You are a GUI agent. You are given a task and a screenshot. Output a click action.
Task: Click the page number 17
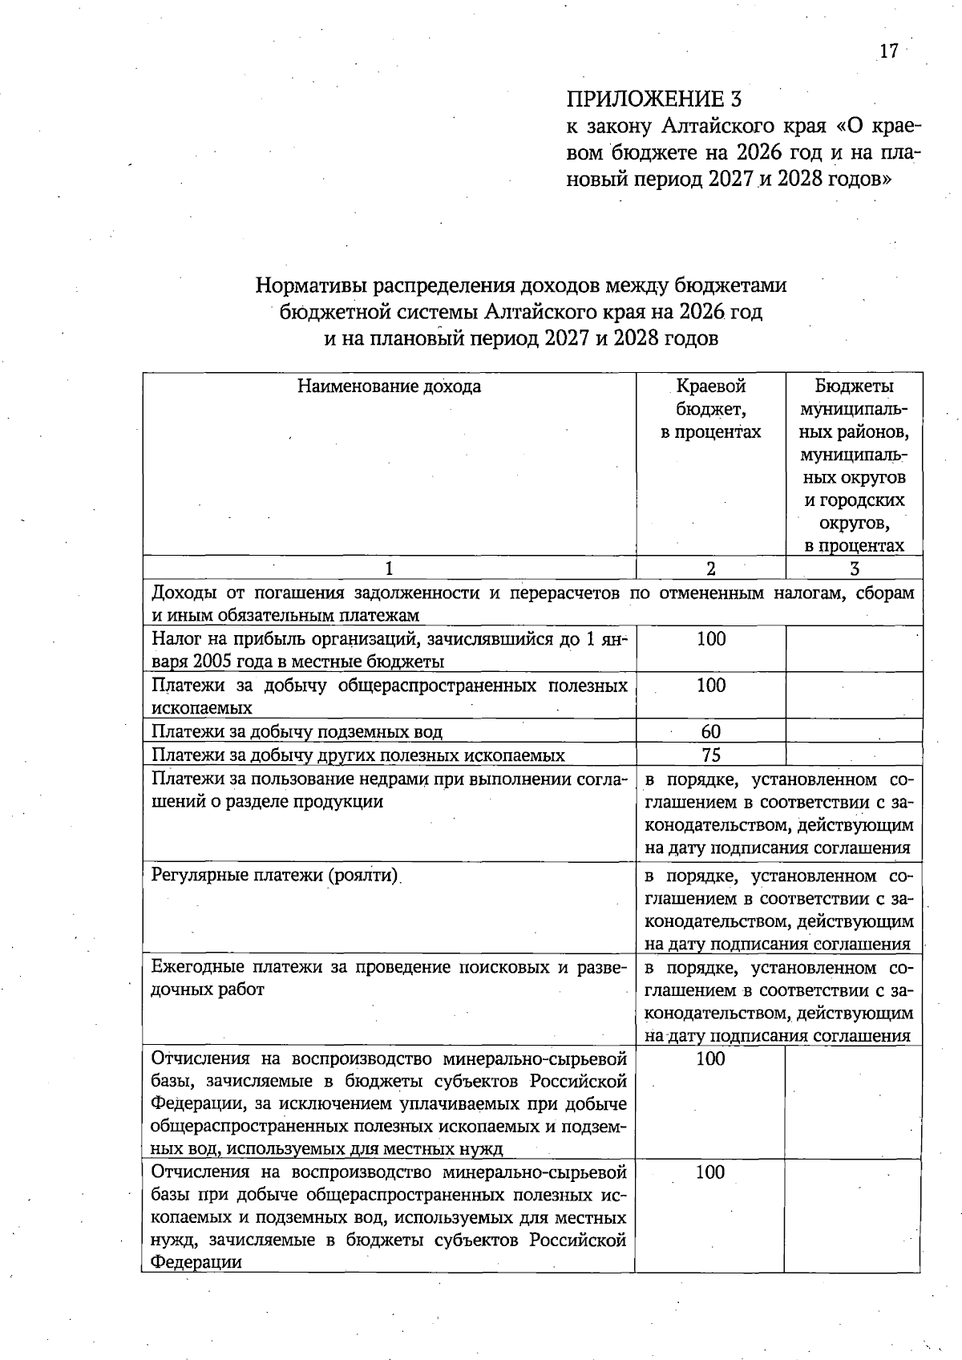click(x=888, y=51)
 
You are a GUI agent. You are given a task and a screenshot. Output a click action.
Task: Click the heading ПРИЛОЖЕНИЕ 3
click(x=653, y=99)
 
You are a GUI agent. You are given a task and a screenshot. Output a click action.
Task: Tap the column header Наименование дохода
click(x=389, y=387)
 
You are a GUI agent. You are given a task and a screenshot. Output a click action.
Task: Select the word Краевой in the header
click(x=710, y=387)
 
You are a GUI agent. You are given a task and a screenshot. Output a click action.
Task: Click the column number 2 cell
click(x=710, y=569)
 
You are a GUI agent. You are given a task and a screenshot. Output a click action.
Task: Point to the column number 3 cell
click(x=855, y=569)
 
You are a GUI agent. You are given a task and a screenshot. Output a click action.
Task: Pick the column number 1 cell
click(x=389, y=569)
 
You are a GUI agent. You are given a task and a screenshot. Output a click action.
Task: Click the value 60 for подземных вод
click(x=710, y=731)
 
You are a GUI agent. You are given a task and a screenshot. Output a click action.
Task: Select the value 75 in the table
click(x=710, y=755)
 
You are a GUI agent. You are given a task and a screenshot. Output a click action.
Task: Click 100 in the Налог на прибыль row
click(x=710, y=639)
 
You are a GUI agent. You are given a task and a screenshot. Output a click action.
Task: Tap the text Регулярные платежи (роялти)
click(x=275, y=874)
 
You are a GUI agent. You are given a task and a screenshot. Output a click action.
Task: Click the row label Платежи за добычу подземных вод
click(x=297, y=731)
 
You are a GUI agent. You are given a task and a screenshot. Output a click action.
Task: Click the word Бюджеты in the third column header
click(x=855, y=387)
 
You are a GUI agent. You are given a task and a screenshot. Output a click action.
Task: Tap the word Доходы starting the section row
click(x=182, y=593)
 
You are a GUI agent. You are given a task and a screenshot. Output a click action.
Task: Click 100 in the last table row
click(x=710, y=1172)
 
